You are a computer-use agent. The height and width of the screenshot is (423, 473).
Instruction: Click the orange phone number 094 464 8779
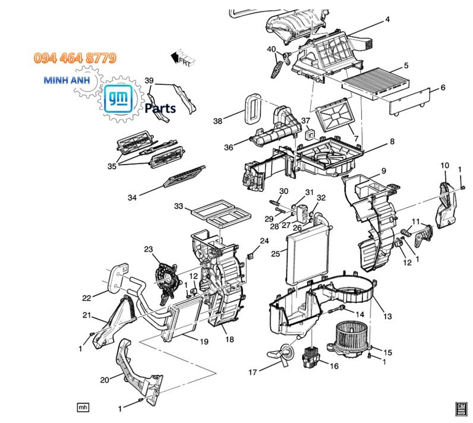click(x=75, y=58)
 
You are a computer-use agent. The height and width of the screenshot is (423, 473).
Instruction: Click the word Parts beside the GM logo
click(x=160, y=109)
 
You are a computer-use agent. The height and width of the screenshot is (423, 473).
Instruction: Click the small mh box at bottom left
click(x=83, y=407)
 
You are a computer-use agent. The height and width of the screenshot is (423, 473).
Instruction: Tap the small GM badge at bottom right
click(x=461, y=408)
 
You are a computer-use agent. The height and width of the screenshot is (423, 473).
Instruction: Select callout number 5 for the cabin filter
click(x=406, y=65)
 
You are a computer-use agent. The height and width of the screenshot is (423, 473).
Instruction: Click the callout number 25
click(x=275, y=254)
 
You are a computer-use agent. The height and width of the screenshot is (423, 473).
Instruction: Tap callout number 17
click(x=253, y=373)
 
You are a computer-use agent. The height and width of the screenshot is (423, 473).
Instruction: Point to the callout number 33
click(x=178, y=206)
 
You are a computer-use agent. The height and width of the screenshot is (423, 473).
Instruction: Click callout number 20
click(x=105, y=380)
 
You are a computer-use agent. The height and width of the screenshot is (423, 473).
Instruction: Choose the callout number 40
click(x=271, y=49)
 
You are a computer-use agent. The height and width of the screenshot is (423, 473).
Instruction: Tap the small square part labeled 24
click(x=251, y=257)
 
